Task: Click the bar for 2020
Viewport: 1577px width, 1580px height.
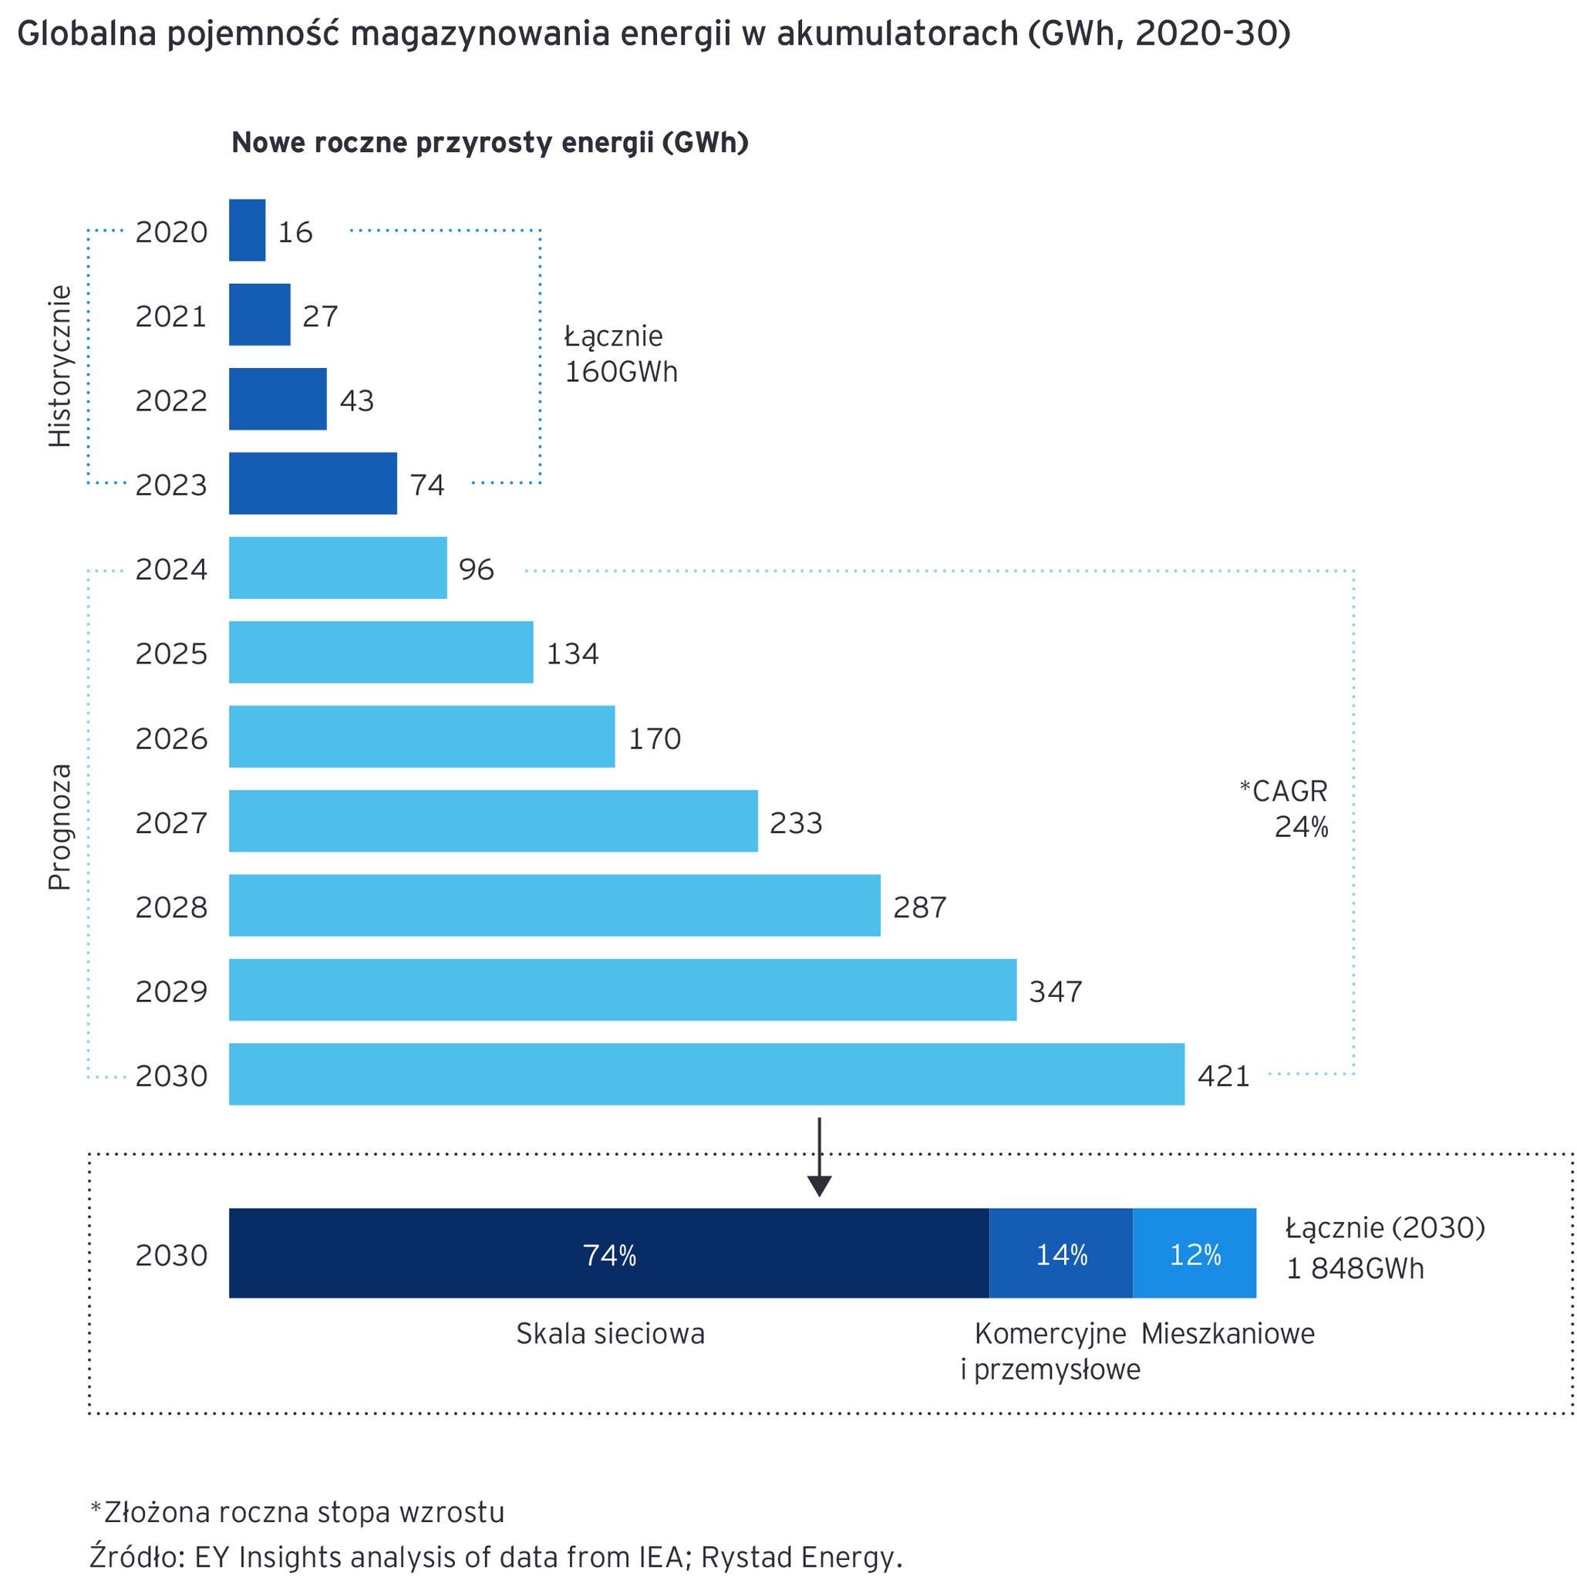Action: click(247, 231)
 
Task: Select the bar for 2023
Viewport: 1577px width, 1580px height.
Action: click(312, 483)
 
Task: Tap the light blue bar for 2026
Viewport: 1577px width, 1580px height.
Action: click(421, 737)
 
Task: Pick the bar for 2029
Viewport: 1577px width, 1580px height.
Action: click(622, 990)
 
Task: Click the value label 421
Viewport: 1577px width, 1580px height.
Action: click(1223, 1075)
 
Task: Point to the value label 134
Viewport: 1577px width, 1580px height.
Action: click(572, 653)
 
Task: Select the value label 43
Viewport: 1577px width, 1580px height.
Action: click(356, 400)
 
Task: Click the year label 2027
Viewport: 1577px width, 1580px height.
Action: click(172, 822)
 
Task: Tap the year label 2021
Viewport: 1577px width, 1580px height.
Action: click(172, 316)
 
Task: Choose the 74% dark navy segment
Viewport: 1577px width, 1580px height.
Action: click(609, 1254)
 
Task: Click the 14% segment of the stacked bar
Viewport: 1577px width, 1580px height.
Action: click(1060, 1254)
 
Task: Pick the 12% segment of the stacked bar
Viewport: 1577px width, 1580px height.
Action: click(1195, 1254)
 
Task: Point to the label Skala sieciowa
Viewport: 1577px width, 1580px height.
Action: click(610, 1334)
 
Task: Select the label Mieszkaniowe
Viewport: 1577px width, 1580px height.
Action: click(1227, 1334)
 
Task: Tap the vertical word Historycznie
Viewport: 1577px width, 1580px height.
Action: click(60, 366)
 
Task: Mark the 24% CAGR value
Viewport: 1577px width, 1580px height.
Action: click(1301, 828)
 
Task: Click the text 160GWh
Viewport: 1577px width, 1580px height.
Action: click(621, 372)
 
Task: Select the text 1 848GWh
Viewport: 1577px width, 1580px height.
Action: click(1355, 1268)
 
